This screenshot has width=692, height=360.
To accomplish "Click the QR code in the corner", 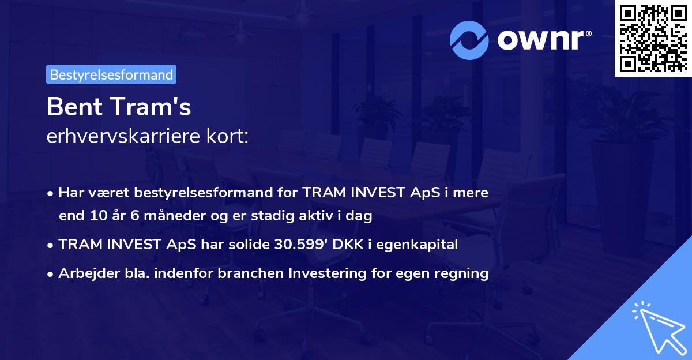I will pos(653,39).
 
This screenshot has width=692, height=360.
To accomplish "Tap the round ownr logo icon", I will pos(469,40).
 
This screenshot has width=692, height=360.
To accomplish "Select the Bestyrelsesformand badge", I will pos(111,74).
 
